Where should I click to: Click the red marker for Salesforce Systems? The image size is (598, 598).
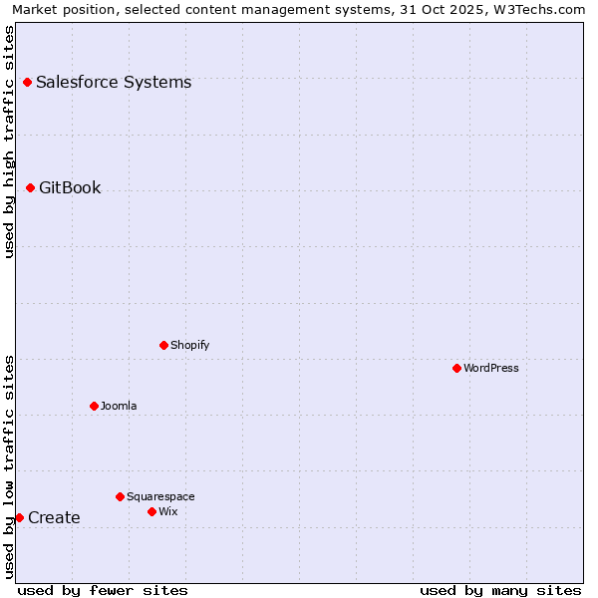point(27,82)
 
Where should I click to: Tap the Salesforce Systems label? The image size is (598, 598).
point(114,82)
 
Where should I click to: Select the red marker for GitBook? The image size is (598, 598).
point(30,187)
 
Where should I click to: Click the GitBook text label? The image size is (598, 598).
point(70,187)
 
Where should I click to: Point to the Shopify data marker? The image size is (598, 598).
point(163,345)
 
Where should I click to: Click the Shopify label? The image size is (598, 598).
point(189,345)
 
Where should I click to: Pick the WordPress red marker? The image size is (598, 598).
point(456,368)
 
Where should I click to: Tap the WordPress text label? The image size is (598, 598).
point(491,368)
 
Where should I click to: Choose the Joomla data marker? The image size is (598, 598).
point(94,406)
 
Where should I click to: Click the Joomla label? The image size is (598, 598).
point(119,406)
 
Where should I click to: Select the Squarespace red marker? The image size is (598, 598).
point(120,496)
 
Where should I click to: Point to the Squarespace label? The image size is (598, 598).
point(160,496)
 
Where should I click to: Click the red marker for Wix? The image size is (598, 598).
point(151,511)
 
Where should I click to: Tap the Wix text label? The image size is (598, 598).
point(168,511)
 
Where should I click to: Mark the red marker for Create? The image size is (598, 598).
point(19,517)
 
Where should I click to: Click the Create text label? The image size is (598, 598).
point(54,517)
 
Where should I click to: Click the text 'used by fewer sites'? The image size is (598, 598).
point(103,590)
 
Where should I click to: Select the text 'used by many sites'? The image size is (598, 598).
point(500,590)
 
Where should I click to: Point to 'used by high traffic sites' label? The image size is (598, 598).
point(9,141)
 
